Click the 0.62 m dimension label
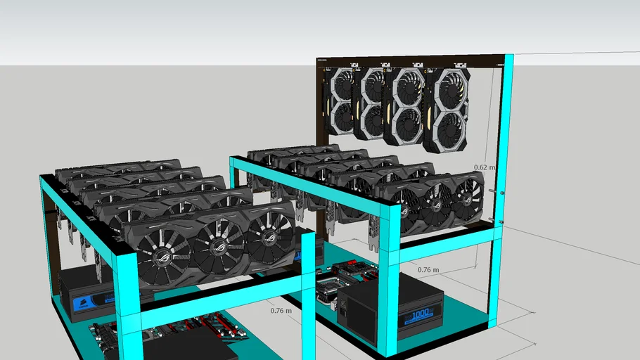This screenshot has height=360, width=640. click(x=484, y=167)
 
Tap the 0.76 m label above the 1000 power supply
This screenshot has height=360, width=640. click(x=428, y=269)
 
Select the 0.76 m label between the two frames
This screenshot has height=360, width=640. click(x=281, y=310)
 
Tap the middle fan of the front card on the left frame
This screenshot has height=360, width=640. click(x=217, y=238)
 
